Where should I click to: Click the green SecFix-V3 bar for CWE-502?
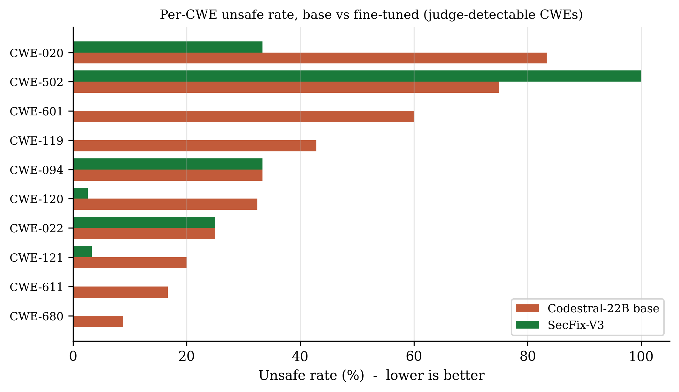pos(357,76)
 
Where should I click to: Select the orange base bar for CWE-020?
pos(310,58)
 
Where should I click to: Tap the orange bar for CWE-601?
pos(244,116)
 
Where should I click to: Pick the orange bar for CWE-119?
pos(195,146)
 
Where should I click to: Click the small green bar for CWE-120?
pos(80,193)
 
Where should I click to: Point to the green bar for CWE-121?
pos(83,251)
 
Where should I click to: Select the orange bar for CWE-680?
pos(98,321)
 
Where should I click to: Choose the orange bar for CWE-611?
pos(121,292)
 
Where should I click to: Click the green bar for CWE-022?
pos(144,222)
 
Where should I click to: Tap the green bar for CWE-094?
pos(168,164)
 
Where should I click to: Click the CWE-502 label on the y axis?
pos(37,82)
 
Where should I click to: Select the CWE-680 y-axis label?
pos(37,316)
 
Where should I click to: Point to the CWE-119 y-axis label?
pos(37,141)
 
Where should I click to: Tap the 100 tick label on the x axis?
pos(641,356)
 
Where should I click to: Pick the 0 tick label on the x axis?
pos(73,356)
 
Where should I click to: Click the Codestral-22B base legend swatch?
pos(527,308)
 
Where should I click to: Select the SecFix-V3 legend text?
pos(576,325)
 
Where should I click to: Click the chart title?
pos(371,15)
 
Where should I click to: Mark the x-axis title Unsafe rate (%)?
pos(311,375)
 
